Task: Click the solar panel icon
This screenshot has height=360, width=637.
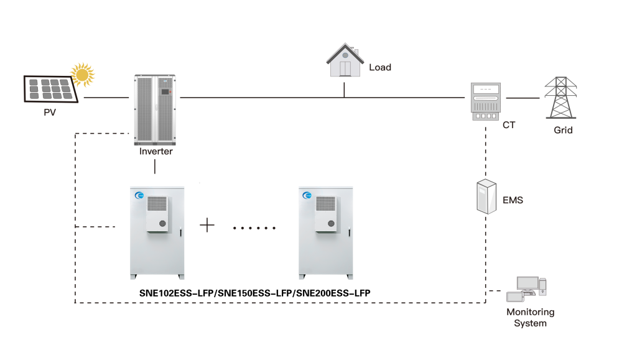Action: click(51, 88)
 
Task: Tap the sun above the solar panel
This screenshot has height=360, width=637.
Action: click(83, 74)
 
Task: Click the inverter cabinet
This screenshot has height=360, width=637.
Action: click(155, 109)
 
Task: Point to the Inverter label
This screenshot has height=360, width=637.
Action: click(156, 151)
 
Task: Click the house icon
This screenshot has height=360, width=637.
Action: click(345, 61)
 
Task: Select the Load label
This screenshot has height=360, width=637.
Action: click(380, 67)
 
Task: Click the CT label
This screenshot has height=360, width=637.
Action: click(509, 125)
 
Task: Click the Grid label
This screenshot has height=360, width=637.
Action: click(563, 131)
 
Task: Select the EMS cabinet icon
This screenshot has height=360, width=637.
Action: click(486, 196)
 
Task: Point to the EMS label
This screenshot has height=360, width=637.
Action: click(513, 200)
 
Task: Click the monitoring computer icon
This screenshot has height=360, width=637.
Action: click(527, 288)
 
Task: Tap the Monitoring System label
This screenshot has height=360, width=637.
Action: click(530, 318)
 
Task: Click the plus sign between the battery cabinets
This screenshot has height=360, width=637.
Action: click(207, 225)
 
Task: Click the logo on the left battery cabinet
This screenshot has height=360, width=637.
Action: click(139, 195)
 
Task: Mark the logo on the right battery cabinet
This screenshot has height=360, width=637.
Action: click(307, 195)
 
